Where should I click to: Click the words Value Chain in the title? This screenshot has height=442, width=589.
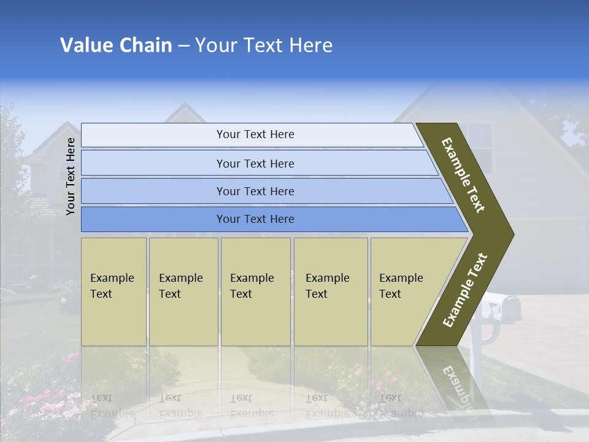click(116, 45)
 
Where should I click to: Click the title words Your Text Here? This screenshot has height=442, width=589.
click(264, 45)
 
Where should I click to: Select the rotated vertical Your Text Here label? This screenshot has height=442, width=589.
click(71, 176)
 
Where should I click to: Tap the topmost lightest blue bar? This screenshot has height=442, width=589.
click(255, 134)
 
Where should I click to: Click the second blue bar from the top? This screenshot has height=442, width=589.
click(255, 163)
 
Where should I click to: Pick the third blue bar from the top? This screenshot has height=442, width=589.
click(255, 191)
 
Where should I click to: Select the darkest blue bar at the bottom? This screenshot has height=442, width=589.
click(255, 219)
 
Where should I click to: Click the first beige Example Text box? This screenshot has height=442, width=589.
click(114, 292)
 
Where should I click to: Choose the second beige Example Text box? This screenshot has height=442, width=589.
click(183, 292)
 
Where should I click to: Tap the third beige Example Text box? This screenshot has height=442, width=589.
click(255, 292)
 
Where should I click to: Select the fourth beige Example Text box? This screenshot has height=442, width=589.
click(330, 292)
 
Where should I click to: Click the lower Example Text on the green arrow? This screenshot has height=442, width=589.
click(465, 290)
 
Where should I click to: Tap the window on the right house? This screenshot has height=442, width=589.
click(476, 147)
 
